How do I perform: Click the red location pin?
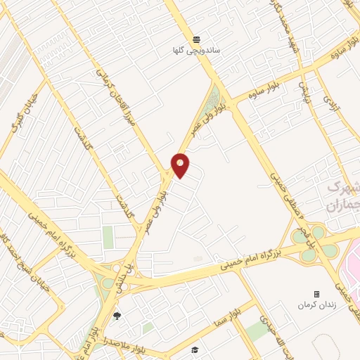pyautogui.click(x=181, y=165)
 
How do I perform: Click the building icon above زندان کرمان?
pyautogui.click(x=316, y=294)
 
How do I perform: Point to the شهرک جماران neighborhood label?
pyautogui.click(x=342, y=196)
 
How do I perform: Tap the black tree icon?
pyautogui.click(x=117, y=315)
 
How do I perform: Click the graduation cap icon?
pyautogui.click(x=195, y=349)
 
